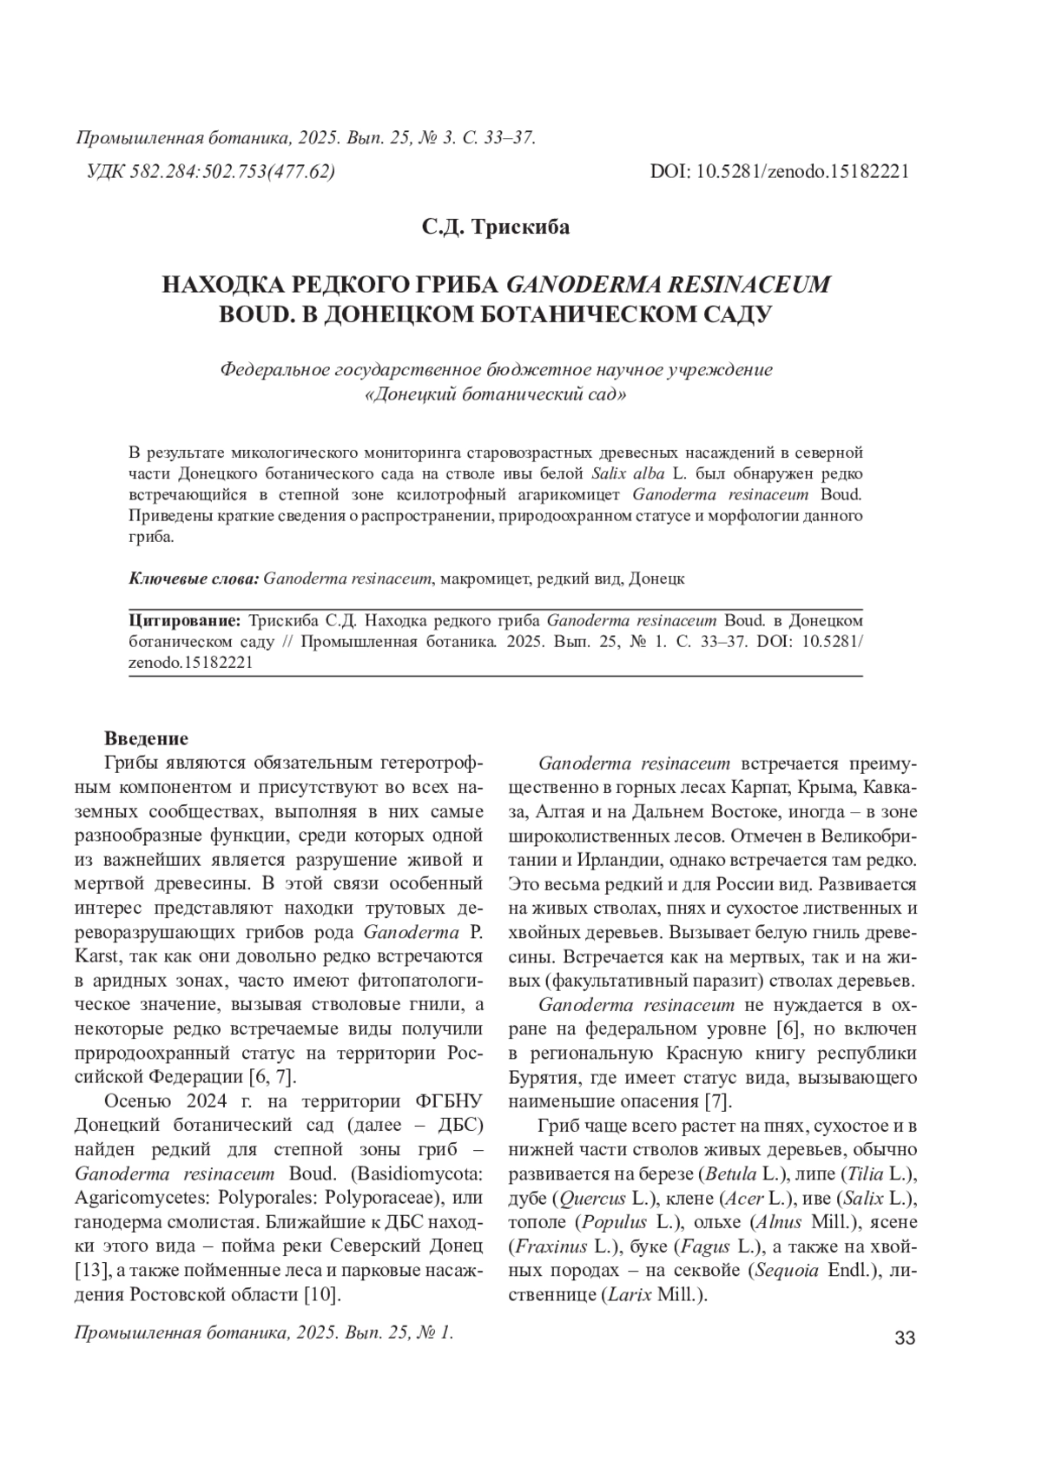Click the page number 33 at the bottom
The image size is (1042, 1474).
coord(904,1338)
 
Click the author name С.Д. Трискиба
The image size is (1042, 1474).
coord(496,228)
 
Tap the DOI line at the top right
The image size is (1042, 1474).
coord(779,171)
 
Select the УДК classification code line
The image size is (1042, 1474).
coord(211,171)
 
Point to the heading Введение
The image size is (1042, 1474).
coord(146,739)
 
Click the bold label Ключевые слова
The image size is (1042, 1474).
coord(194,578)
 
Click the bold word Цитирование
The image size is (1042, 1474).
coord(184,622)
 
